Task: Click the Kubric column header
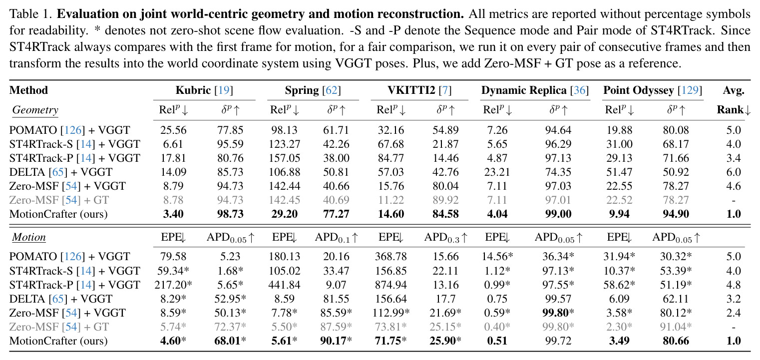(x=204, y=90)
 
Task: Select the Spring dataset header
(x=313, y=90)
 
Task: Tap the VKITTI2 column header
(x=419, y=90)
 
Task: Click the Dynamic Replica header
(x=535, y=90)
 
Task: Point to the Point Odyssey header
(x=653, y=90)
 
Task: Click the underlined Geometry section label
(x=35, y=110)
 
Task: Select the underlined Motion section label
(x=29, y=237)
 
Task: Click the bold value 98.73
(x=230, y=214)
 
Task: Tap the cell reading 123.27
(x=284, y=144)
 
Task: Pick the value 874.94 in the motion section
(x=390, y=285)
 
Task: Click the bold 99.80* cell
(x=558, y=313)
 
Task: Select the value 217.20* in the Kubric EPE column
(x=173, y=285)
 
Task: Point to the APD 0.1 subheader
(x=336, y=238)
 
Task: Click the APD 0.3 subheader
(x=446, y=238)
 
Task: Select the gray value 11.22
(x=390, y=200)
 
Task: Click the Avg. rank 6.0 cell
(x=733, y=172)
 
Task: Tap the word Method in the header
(x=28, y=90)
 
